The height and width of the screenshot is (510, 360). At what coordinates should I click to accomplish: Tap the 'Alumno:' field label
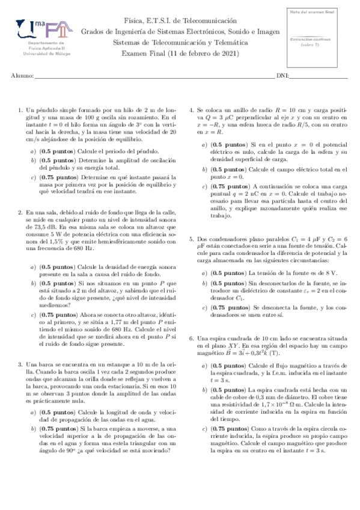click(22, 76)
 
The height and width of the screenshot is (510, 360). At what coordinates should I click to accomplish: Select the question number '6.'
click(192, 339)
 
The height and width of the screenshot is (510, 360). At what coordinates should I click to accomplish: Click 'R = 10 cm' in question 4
click(279, 110)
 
